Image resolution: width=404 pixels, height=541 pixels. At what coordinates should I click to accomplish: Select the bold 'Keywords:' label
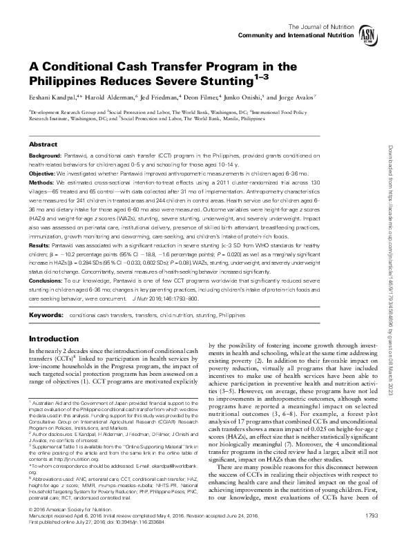tap(45, 315)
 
